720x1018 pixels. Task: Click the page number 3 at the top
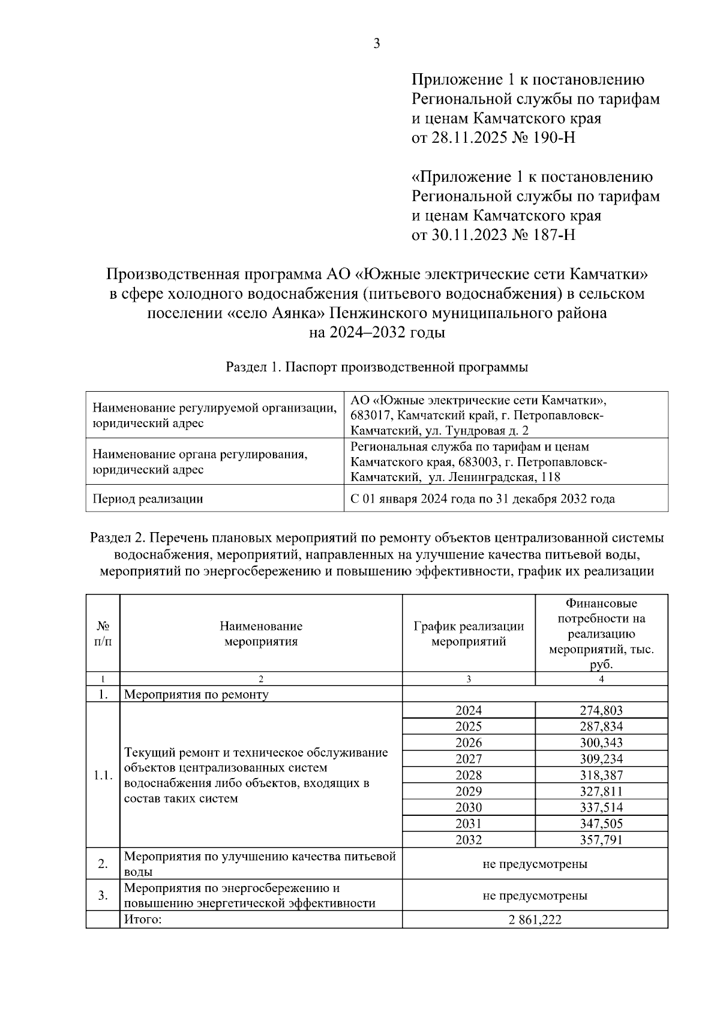[x=377, y=44]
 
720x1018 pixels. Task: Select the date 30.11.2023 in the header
[x=465, y=235]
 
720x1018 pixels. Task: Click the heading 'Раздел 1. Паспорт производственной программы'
[x=377, y=368]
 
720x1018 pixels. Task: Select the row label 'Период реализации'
[x=147, y=499]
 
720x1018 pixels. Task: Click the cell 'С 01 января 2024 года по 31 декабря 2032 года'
[x=482, y=499]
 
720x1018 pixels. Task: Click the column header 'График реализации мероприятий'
[x=469, y=633]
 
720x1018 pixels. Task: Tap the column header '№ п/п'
[x=103, y=633]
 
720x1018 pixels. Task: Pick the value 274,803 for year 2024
[x=601, y=710]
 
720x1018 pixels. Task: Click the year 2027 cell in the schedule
[x=469, y=759]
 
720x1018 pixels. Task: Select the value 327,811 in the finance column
[x=601, y=791]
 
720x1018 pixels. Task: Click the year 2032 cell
[x=469, y=840]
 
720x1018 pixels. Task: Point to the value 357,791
[x=601, y=840]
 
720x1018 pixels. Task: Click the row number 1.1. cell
[x=103, y=775]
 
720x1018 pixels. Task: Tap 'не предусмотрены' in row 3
[x=535, y=896]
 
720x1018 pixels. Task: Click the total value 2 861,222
[x=535, y=920]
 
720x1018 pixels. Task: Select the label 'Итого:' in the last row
[x=143, y=920]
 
